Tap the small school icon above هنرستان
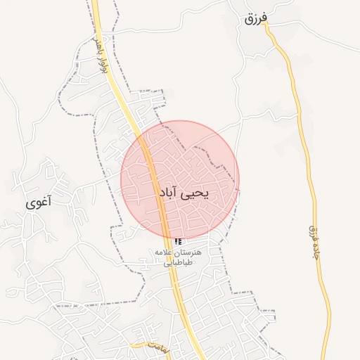(177, 241)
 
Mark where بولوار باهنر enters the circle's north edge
(141, 136)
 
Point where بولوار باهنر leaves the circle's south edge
(169, 238)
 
